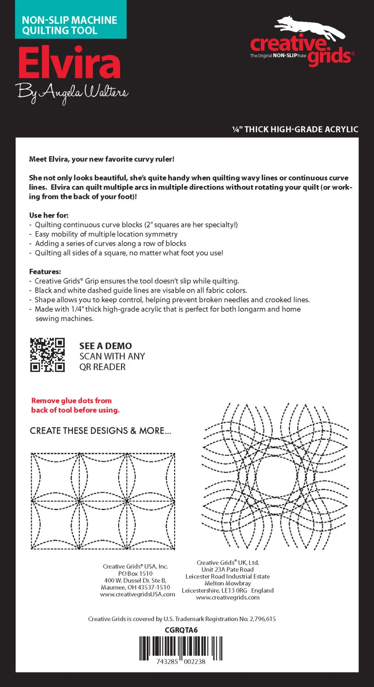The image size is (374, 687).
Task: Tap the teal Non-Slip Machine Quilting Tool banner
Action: (70, 25)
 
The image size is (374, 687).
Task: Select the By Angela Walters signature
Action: (72, 93)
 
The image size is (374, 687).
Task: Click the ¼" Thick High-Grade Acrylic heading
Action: (295, 130)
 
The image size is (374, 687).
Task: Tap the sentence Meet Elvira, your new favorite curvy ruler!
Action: (102, 159)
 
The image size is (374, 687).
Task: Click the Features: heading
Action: (45, 272)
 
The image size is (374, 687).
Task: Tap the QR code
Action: (48, 354)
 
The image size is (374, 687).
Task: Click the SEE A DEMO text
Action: (105, 346)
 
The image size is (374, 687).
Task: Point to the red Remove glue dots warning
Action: (75, 405)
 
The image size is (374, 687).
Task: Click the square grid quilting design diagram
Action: (103, 501)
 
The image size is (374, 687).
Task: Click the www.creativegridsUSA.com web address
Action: (137, 594)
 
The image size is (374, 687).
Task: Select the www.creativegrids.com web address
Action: (228, 597)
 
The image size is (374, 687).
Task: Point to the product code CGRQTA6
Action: (181, 630)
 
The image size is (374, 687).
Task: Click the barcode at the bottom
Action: (182, 648)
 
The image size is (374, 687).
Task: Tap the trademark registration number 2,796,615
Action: (258, 619)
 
